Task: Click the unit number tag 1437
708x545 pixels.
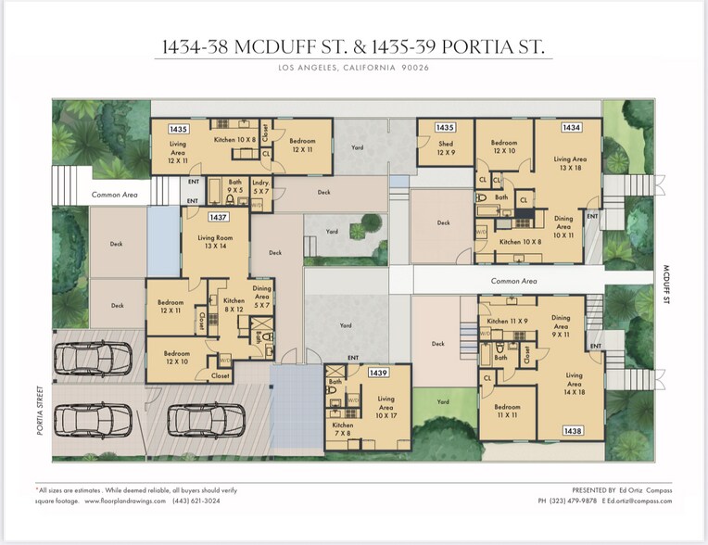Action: [x=219, y=217]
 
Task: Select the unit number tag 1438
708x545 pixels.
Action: [x=572, y=431]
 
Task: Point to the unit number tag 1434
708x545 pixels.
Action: [x=572, y=127]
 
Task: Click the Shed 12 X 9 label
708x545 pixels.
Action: [x=446, y=147]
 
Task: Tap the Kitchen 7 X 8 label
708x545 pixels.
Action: [x=343, y=429]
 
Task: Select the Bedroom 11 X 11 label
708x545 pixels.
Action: [x=507, y=412]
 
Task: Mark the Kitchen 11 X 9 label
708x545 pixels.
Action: [x=506, y=321]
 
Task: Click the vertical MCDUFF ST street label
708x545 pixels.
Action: [x=665, y=285]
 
